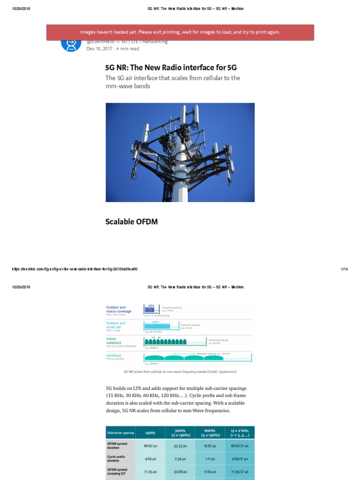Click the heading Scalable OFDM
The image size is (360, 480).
coord(131,222)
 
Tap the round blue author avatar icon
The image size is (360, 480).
coord(71,44)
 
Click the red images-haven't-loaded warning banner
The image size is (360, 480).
coord(180,32)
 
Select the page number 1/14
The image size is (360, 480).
coord(344,269)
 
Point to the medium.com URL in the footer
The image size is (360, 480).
coord(75,269)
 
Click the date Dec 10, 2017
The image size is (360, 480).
coord(100,48)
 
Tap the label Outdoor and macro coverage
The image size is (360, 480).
coord(119,310)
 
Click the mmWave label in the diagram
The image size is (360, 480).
coord(113,356)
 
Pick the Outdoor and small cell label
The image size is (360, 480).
coord(116,325)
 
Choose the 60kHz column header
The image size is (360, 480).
coord(210,433)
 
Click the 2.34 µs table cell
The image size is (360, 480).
coord(180,459)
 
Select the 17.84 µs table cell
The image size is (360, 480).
coord(210,472)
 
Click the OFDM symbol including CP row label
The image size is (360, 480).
coord(118,472)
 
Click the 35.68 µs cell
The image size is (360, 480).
coord(180,472)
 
